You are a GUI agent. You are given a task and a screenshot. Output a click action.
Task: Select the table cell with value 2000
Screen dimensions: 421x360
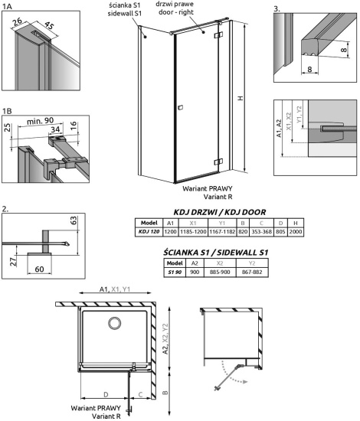294,231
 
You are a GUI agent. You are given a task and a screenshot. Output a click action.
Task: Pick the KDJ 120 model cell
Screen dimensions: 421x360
149,231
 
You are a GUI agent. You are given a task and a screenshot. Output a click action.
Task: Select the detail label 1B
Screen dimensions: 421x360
8,109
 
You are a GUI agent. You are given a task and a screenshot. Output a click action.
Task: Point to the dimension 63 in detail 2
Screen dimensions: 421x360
75,221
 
